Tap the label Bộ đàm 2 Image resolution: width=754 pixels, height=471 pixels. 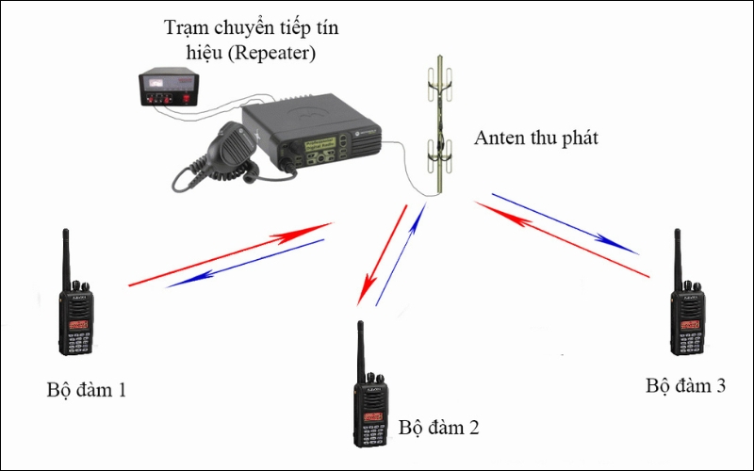click(438, 428)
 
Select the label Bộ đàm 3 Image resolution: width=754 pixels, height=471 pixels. click(685, 386)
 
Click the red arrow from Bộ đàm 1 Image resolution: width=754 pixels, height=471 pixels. click(231, 254)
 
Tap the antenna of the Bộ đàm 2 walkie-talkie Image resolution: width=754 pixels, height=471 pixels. click(359, 349)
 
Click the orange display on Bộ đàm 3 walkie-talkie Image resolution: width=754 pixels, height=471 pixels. click(688, 322)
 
